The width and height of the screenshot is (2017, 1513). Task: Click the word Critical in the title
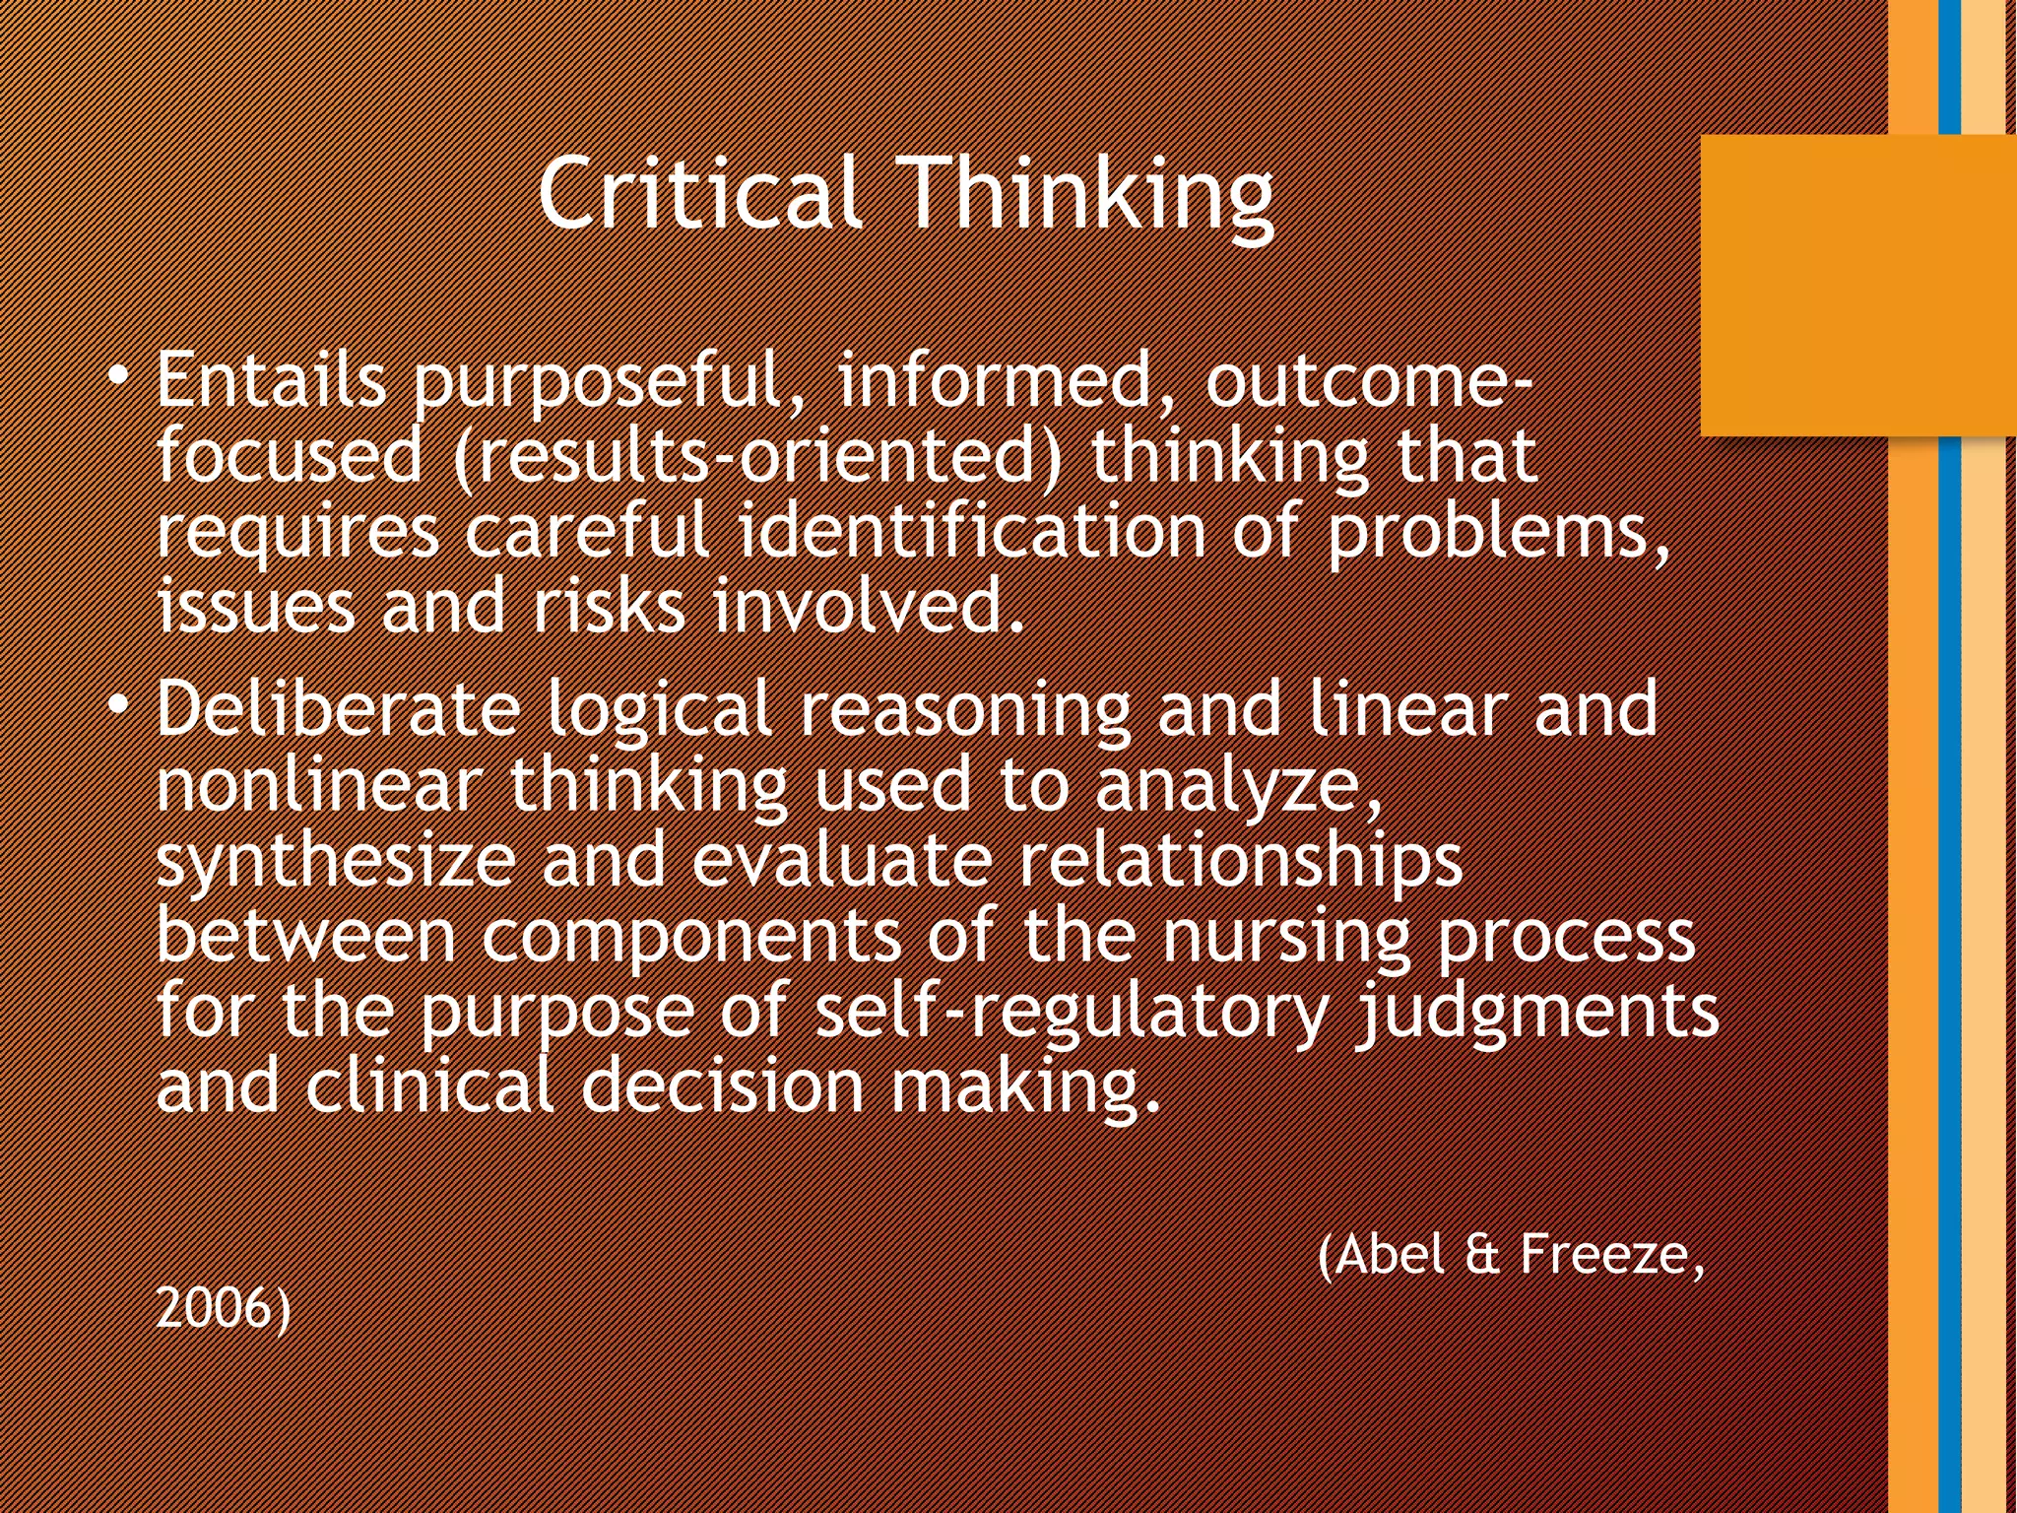[700, 194]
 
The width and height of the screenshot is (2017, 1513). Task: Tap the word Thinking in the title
[1088, 197]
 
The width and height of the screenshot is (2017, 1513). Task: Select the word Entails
[271, 380]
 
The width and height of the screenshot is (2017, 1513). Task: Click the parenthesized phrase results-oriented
[759, 457]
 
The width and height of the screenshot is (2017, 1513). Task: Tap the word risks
[609, 607]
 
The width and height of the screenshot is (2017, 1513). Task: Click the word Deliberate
[338, 709]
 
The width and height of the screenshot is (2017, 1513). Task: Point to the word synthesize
[336, 863]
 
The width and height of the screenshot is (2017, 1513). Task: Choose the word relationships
[1240, 863]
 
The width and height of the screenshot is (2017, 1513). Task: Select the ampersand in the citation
[1482, 1255]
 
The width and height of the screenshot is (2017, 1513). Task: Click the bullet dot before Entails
[118, 377]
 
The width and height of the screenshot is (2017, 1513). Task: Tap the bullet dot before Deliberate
[118, 705]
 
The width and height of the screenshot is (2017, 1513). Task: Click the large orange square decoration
[1857, 286]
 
